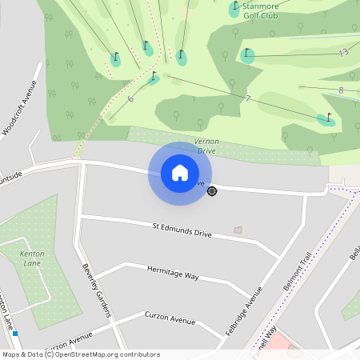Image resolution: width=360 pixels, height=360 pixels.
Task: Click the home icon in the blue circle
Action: [180, 172]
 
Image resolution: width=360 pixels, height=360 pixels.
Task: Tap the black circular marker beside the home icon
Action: [212, 190]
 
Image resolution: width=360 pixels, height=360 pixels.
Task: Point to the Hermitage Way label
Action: [173, 273]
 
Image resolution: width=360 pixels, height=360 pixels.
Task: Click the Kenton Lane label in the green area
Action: [32, 258]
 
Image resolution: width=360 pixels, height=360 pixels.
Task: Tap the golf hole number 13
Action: [343, 52]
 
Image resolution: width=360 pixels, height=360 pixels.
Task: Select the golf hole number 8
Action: [341, 90]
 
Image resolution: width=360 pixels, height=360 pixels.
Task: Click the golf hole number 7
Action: [248, 98]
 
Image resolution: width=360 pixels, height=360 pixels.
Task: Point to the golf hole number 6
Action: [130, 98]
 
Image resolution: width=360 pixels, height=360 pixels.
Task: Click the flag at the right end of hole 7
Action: [326, 118]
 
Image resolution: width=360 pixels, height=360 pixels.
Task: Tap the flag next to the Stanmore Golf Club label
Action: [235, 8]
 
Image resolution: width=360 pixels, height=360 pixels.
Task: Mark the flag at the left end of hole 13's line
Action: [247, 54]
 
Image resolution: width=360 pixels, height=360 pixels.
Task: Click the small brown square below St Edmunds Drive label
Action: [237, 230]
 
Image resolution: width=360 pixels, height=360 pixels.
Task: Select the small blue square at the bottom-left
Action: [15, 333]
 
